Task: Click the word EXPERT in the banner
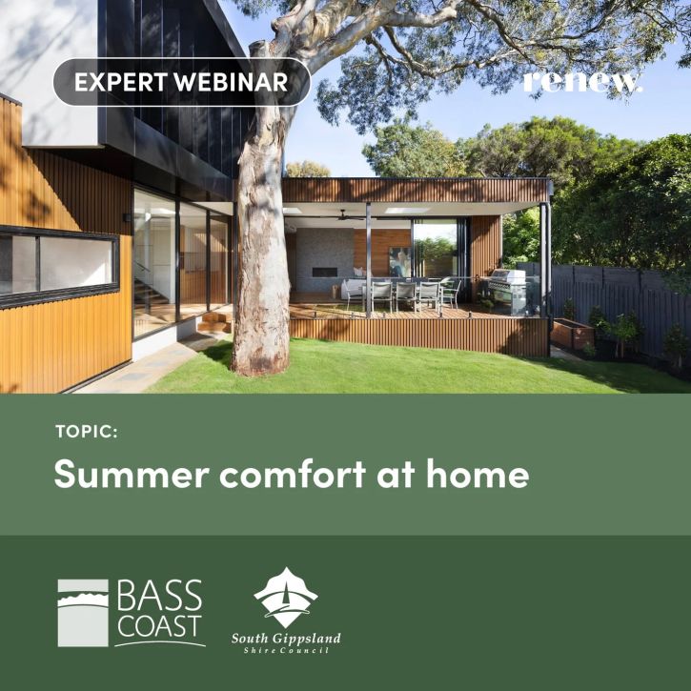point(120,82)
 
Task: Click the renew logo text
point(582,82)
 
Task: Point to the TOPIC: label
point(87,432)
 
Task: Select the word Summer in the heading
point(132,474)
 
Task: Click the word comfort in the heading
point(293,473)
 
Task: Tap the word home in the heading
point(478,473)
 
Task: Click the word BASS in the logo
point(159,595)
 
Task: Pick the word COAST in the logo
point(159,626)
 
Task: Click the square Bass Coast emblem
point(83,613)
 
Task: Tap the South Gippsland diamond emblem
point(286,598)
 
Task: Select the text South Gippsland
point(286,639)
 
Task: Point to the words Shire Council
point(286,650)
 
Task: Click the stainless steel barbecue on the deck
point(507,291)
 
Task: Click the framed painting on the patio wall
point(400,261)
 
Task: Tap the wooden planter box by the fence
point(572,333)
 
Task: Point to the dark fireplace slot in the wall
point(325,272)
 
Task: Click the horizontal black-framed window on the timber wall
point(59,267)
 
